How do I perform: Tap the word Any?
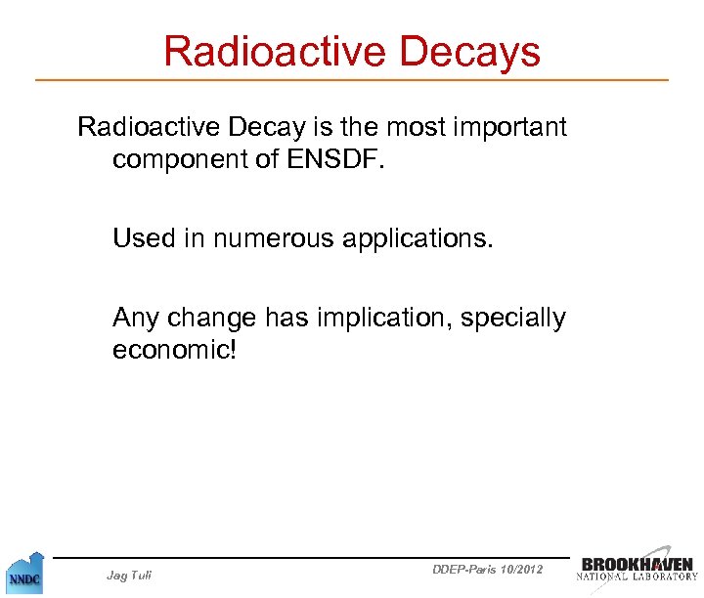137,319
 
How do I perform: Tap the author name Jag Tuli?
128,576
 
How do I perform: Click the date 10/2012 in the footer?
521,569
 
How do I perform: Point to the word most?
398,128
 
